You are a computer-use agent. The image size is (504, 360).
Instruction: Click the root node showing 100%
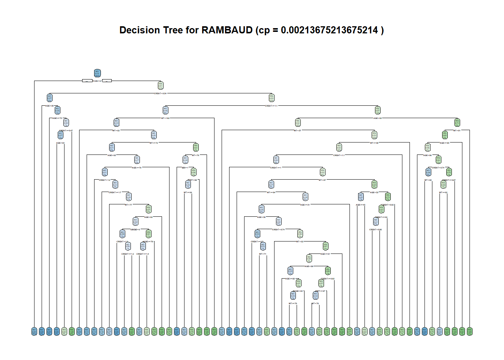click(x=97, y=73)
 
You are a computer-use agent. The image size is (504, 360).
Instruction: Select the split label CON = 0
click(x=97, y=81)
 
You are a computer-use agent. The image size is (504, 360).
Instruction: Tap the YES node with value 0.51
click(x=160, y=85)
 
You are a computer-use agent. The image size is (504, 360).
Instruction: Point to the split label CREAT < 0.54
click(x=160, y=93)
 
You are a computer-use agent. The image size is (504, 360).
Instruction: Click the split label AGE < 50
click(x=49, y=106)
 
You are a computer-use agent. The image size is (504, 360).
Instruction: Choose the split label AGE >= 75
click(x=57, y=118)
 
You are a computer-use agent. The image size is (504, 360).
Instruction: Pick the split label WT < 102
click(x=165, y=118)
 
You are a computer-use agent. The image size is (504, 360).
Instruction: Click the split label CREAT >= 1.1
click(x=271, y=106)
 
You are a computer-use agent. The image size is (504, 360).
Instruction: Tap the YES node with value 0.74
click(x=457, y=122)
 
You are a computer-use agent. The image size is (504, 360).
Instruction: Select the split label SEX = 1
click(x=185, y=168)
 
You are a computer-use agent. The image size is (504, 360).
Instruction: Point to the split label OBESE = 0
click(x=135, y=229)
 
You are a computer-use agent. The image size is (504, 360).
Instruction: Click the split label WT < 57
click(x=297, y=130)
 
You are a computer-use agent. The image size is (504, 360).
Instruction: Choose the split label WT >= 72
click(x=154, y=143)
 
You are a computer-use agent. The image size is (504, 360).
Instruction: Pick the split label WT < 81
click(x=457, y=130)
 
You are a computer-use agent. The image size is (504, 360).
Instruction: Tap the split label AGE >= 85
click(x=444, y=143)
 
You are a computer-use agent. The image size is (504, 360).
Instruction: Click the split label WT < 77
click(x=128, y=205)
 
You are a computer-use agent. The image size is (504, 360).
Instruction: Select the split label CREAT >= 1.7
click(x=115, y=192)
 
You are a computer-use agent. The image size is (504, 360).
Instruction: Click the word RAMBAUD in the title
click(x=227, y=30)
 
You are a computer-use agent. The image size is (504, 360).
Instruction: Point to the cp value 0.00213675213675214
click(x=329, y=30)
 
